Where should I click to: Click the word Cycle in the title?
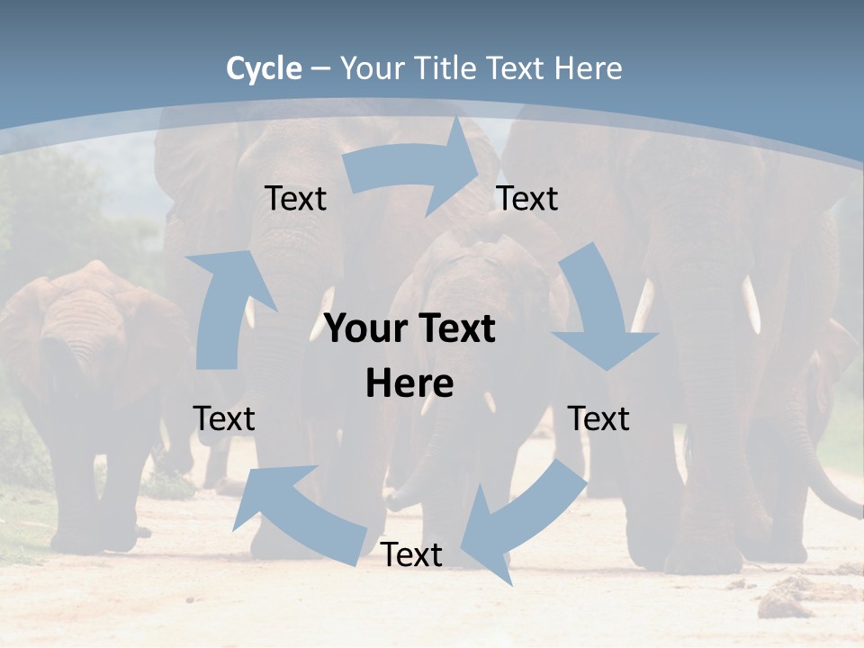click(264, 68)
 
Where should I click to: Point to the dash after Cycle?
click(321, 68)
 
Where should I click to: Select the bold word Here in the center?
click(409, 383)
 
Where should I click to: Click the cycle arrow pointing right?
click(414, 166)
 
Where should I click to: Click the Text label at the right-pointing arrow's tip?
click(527, 198)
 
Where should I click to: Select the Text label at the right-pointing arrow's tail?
click(295, 198)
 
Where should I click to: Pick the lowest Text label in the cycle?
click(411, 555)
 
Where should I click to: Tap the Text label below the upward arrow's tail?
click(224, 418)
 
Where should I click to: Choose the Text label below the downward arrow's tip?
click(598, 418)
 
